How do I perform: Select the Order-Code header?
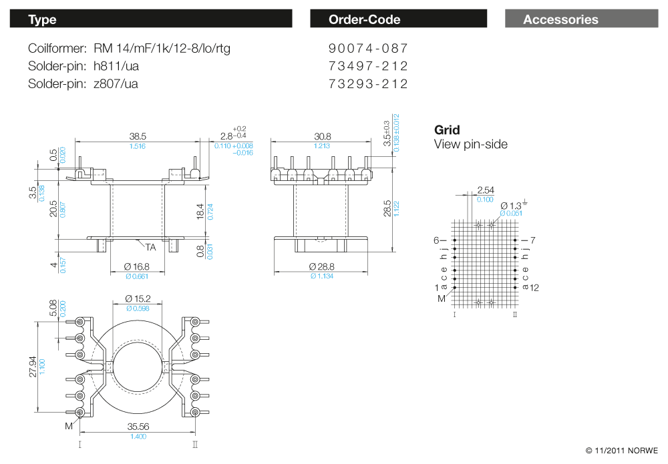click(398, 19)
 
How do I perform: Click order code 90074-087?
click(368, 49)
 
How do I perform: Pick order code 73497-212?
click(368, 66)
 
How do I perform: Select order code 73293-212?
click(368, 84)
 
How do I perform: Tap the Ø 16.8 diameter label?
click(137, 267)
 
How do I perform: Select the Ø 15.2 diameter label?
click(138, 298)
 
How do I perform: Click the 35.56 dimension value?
click(138, 427)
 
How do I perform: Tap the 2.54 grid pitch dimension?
click(485, 190)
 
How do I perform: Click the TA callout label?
click(150, 247)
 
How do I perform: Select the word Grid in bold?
click(447, 130)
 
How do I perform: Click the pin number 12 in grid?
click(534, 287)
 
